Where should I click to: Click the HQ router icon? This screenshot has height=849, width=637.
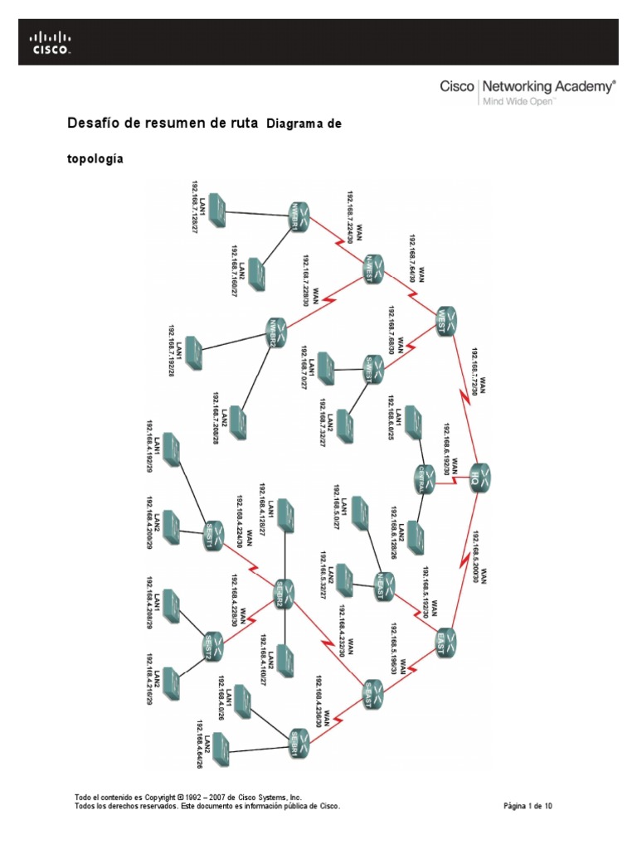point(482,477)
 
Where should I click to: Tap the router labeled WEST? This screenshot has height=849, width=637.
point(445,320)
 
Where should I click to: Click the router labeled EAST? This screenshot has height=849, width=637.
point(445,639)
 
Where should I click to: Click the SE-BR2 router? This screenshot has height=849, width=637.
point(284,592)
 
